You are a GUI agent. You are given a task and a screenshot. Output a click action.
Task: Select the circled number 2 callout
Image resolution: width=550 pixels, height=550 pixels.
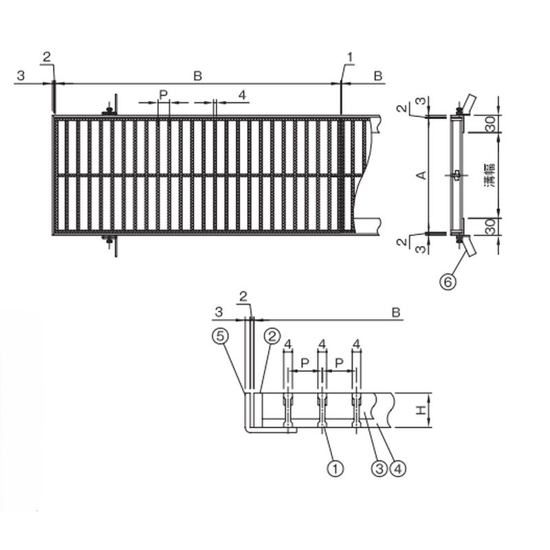click(272, 336)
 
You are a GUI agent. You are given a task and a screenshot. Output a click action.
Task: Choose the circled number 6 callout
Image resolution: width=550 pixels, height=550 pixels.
click(448, 280)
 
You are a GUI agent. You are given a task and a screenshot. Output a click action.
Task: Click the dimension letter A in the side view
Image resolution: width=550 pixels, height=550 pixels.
click(423, 175)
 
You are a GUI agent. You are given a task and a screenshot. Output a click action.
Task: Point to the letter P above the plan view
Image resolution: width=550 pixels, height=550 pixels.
click(163, 93)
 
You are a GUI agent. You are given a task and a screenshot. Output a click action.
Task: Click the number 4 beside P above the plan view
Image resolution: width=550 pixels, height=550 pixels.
click(241, 93)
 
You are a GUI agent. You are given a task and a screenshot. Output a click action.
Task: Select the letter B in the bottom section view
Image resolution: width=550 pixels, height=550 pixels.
click(396, 312)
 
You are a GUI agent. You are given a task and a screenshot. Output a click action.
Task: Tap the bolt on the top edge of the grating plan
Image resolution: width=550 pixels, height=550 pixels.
click(108, 110)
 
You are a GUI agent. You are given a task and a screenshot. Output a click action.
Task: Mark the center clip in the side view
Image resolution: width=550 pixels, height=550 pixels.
click(457, 175)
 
